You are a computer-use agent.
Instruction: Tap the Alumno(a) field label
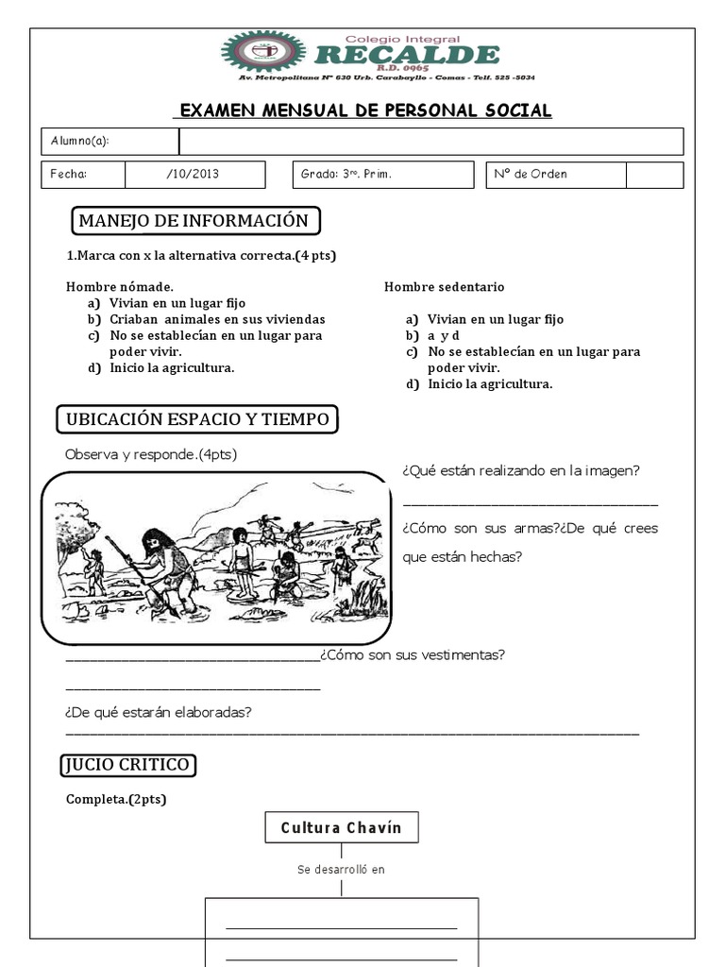(80, 142)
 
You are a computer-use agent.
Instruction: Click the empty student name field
(430, 142)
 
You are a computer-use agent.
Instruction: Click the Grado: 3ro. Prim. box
(384, 175)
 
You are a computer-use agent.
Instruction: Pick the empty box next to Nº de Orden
(654, 175)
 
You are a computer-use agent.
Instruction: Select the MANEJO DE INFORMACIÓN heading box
(195, 221)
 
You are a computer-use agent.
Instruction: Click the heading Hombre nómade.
(119, 286)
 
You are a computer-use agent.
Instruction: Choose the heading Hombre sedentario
(444, 286)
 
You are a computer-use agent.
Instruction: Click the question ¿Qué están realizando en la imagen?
(521, 470)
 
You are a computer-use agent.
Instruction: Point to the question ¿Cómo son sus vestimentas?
(413, 654)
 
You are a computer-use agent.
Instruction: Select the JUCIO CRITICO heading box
(128, 764)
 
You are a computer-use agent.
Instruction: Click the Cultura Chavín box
(341, 827)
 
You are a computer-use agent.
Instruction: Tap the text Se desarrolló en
(341, 870)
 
